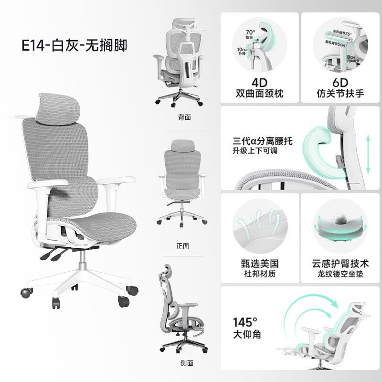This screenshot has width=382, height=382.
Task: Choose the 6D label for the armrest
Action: pyautogui.click(x=340, y=81)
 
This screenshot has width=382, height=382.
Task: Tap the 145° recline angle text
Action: pyautogui.click(x=245, y=321)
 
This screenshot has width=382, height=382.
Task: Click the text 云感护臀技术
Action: pyautogui.click(x=340, y=264)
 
